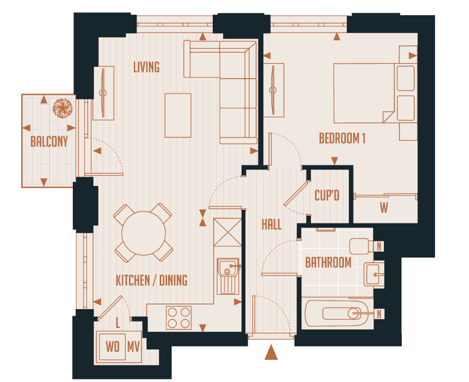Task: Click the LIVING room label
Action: click(x=146, y=67)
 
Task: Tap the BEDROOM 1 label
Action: click(x=342, y=139)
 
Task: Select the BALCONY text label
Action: click(x=49, y=142)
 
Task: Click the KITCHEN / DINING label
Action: click(x=151, y=280)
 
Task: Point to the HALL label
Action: click(x=271, y=224)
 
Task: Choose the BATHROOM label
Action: click(x=328, y=262)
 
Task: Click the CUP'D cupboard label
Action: click(x=327, y=195)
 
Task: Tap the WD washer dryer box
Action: click(x=113, y=347)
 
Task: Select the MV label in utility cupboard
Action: click(x=134, y=347)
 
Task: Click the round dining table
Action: click(x=144, y=233)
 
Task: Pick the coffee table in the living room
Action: click(x=178, y=115)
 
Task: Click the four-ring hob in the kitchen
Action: click(x=179, y=318)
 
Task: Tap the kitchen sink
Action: click(x=228, y=267)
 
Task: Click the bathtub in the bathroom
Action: click(x=337, y=313)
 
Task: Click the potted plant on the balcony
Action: click(x=62, y=108)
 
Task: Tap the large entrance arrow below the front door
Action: click(x=271, y=353)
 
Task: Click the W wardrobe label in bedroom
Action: click(x=383, y=208)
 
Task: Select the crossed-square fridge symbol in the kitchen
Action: click(x=227, y=232)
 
